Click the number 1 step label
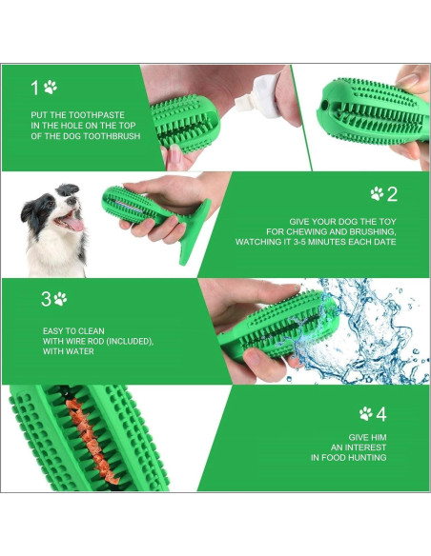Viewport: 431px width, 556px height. (36, 88)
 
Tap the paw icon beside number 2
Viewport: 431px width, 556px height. (377, 193)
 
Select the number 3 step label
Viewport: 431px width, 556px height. (46, 299)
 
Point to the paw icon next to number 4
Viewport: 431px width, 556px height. (366, 413)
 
